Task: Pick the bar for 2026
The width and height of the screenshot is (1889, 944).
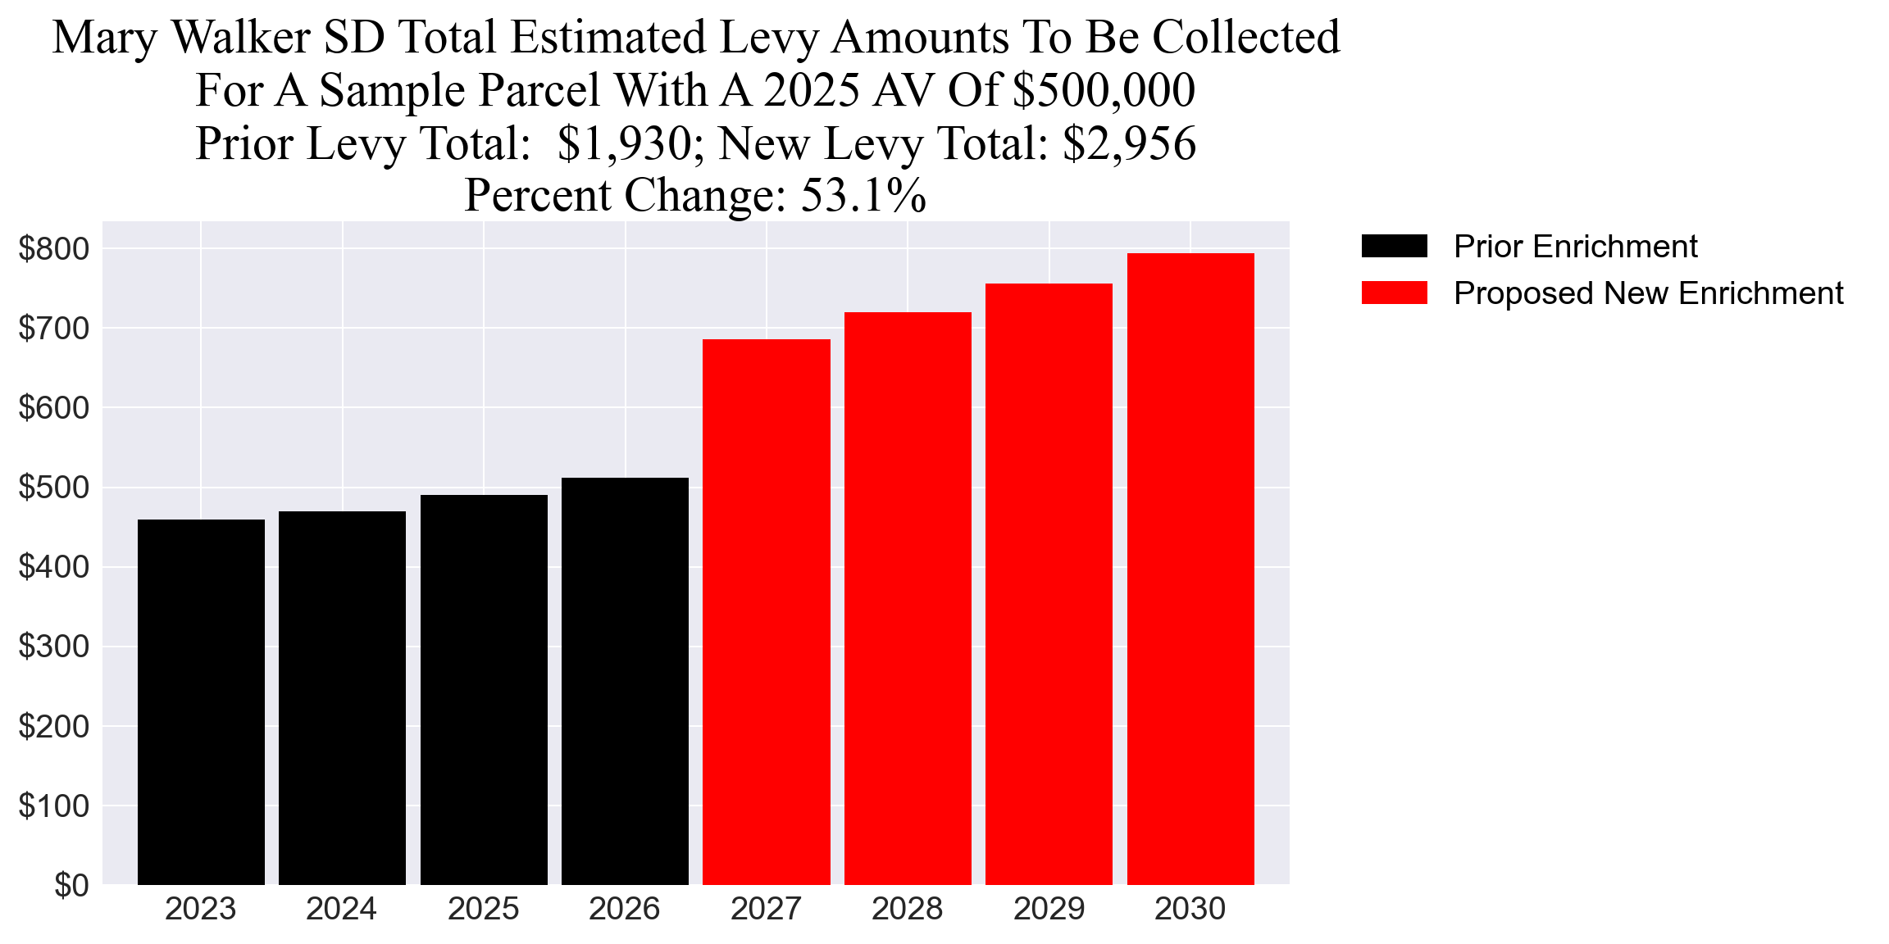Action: pos(625,680)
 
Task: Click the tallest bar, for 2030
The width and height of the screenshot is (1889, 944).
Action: pos(1190,569)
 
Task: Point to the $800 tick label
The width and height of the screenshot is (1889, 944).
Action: pos(53,249)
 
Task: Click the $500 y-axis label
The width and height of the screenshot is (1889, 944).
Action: pos(53,488)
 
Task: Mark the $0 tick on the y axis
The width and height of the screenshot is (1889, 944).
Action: pos(71,885)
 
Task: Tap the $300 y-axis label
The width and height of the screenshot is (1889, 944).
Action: pos(53,647)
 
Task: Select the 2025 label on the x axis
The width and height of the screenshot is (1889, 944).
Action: pos(483,910)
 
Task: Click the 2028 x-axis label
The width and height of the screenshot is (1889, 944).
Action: pos(907,910)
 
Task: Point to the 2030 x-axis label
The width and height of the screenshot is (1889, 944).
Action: pos(1190,910)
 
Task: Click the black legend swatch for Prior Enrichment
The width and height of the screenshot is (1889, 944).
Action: pos(1394,246)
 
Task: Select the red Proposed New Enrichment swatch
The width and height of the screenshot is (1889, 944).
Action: pos(1394,293)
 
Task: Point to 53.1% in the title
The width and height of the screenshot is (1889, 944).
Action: pos(863,196)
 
